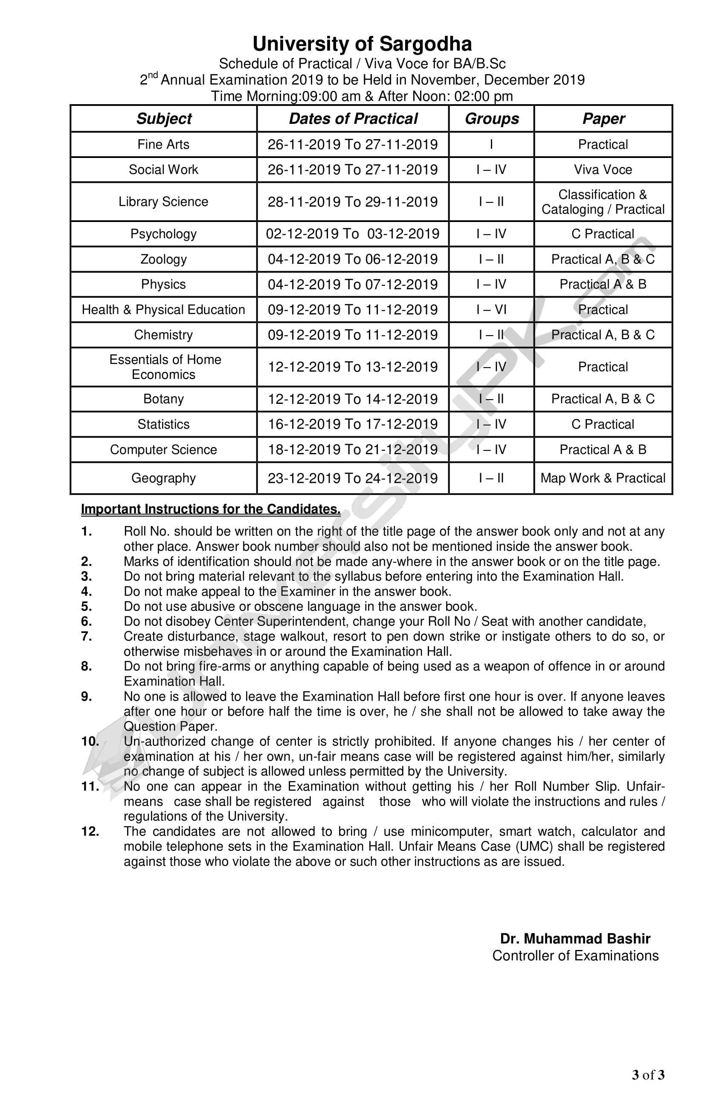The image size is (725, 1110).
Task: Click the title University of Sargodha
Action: [362, 44]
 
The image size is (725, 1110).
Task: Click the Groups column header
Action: [492, 119]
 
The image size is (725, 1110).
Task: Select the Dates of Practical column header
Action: [353, 119]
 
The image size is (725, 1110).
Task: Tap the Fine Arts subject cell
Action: [163, 145]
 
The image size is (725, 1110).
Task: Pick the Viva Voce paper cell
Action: [603, 170]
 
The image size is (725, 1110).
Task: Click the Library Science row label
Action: [163, 202]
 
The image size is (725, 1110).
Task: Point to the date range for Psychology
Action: [352, 234]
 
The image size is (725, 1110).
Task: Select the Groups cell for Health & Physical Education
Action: [491, 310]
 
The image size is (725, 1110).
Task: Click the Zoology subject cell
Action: [163, 259]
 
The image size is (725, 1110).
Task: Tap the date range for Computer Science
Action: [352, 450]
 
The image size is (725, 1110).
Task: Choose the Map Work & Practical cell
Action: [603, 478]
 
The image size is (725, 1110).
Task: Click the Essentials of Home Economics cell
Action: [164, 367]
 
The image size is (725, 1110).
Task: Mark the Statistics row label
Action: [163, 424]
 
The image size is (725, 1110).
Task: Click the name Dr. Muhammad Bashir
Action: [575, 939]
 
